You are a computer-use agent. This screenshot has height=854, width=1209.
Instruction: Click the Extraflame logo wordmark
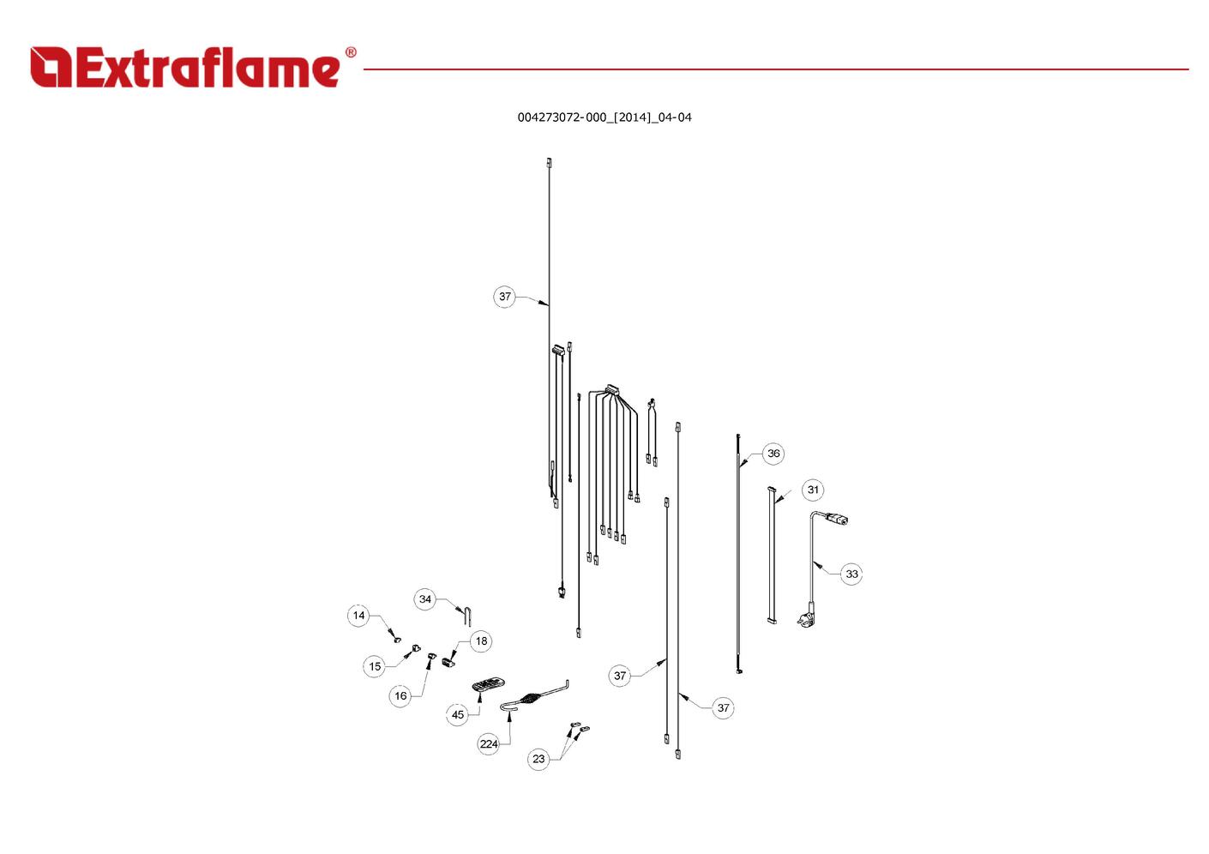pos(208,67)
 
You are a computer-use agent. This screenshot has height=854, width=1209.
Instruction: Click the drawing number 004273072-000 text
pos(562,117)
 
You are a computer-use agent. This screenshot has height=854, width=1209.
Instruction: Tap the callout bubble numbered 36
pos(773,454)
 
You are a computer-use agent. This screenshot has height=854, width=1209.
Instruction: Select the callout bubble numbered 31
pos(813,490)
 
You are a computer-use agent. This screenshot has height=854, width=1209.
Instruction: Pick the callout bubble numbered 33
pos(851,574)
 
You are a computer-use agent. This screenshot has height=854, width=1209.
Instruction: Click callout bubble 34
pos(424,599)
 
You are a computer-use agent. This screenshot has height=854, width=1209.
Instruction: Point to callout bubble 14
pos(358,616)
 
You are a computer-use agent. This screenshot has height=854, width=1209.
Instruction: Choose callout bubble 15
pos(375,666)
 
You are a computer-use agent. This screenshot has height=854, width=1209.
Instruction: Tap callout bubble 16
pos(400,696)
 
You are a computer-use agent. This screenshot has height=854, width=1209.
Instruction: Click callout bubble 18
pos(481,641)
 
